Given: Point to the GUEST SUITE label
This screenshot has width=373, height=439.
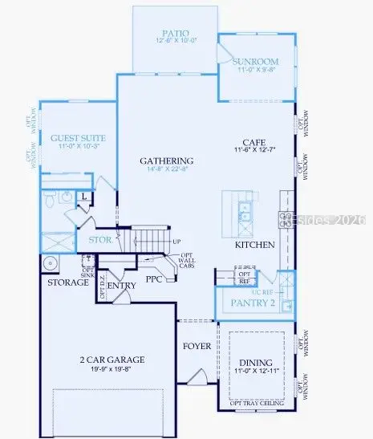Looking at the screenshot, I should pos(74,137).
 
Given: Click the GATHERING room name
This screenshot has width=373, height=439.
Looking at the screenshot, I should pos(167,161).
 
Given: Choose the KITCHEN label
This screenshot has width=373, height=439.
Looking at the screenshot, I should pos(255,244).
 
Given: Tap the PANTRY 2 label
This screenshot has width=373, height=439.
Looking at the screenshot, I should pos(253,303).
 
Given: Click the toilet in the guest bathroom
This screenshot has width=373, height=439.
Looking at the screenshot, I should pos(47,199).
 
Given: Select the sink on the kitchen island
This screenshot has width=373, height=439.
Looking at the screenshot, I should pos(244,212).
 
